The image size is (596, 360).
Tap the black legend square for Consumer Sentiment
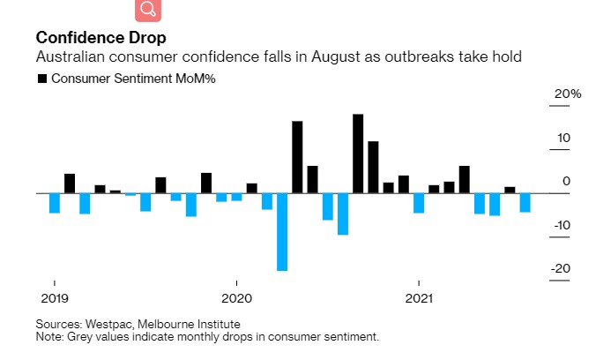pos(42,79)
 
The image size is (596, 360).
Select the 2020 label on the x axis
pos(236,298)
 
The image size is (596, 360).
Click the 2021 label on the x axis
pos(418,298)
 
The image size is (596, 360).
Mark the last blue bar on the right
pos(525,202)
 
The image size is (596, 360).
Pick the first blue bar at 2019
pos(55,202)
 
